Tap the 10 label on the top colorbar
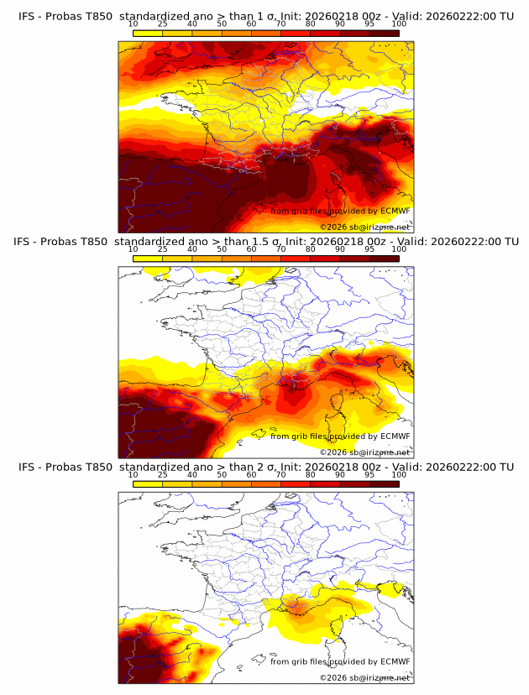pyautogui.click(x=134, y=24)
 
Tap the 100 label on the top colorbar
pyautogui.click(x=398, y=24)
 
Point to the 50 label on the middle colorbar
pyautogui.click(x=222, y=249)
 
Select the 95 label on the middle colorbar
pyautogui.click(x=369, y=249)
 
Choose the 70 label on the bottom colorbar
pyautogui.click(x=280, y=474)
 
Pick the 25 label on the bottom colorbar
pyautogui.click(x=163, y=474)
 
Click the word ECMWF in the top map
pyautogui.click(x=395, y=211)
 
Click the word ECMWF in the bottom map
pyautogui.click(x=395, y=661)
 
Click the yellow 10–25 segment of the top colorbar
pyautogui.click(x=148, y=33)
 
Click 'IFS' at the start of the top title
pyautogui.click(x=27, y=17)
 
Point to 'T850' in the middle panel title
pyautogui.click(x=98, y=242)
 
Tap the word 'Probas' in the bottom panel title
pyautogui.click(x=63, y=467)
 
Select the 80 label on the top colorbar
pyautogui.click(x=310, y=24)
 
